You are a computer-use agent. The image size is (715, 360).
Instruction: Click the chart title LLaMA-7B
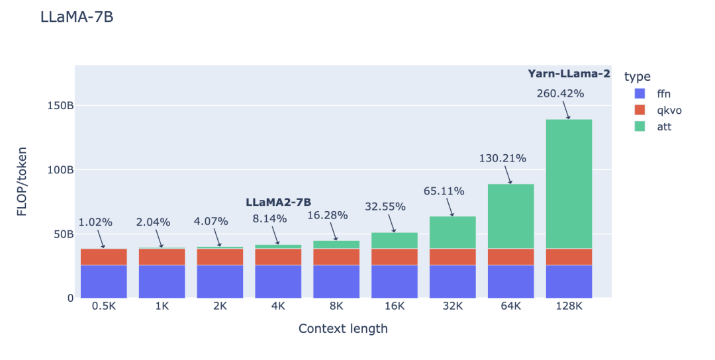pos(77,17)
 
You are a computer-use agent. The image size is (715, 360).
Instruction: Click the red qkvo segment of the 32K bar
pos(452,257)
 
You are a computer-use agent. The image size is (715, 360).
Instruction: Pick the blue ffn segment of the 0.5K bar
pos(103,281)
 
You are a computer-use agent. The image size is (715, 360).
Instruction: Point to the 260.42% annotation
pos(560,93)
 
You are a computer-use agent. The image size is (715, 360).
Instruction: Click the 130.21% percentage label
pos(502,158)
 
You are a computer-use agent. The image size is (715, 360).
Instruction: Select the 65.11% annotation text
pos(444,191)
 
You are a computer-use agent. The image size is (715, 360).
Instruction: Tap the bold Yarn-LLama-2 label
pos(569,74)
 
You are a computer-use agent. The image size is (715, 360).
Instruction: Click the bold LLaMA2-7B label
pos(278,202)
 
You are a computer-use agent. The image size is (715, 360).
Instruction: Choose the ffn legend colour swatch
pos(640,93)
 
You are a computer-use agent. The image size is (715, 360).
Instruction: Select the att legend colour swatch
pos(640,126)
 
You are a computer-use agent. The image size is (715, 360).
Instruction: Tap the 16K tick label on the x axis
pos(395,306)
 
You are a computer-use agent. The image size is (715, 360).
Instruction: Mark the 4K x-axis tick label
pos(278,306)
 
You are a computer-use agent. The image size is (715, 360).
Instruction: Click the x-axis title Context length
pos(343,329)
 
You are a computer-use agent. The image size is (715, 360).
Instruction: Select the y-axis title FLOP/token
pos(23,182)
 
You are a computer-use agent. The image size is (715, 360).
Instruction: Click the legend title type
pos(637,77)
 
